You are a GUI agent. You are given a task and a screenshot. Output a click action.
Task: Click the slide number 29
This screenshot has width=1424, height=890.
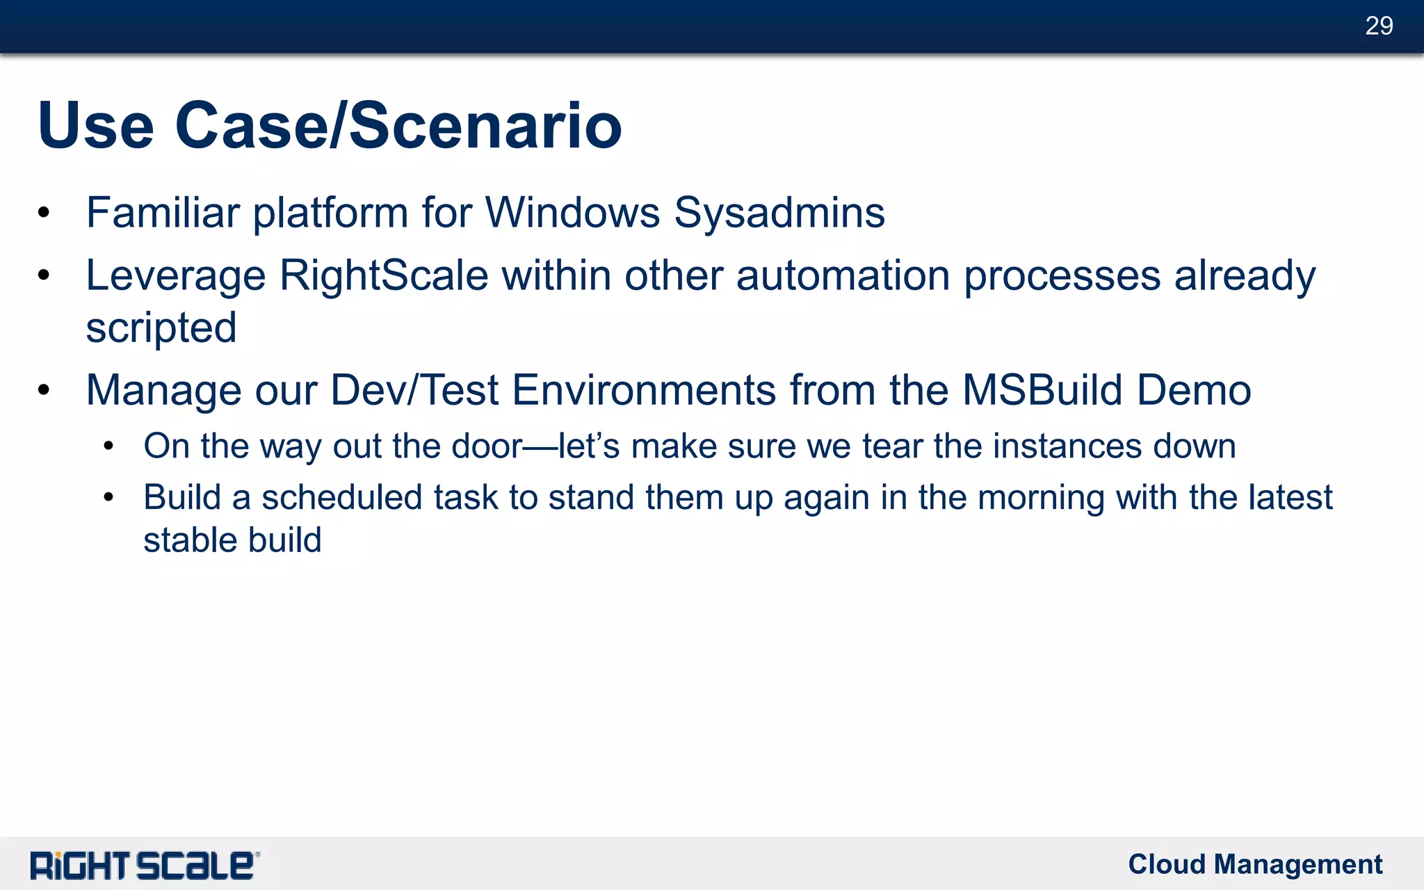pyautogui.click(x=1378, y=26)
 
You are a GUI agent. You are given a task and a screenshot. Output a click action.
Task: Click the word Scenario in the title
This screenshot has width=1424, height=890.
pyautogui.click(x=485, y=126)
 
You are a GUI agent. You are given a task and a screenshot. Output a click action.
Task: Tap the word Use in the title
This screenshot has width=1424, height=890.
pyautogui.click(x=96, y=126)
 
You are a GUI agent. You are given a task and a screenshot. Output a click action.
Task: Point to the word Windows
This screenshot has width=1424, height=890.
pyautogui.click(x=572, y=212)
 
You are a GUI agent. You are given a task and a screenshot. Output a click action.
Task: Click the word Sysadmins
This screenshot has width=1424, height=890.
pyautogui.click(x=779, y=212)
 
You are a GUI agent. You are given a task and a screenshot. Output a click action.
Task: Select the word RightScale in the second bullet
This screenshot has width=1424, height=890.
pyautogui.click(x=384, y=275)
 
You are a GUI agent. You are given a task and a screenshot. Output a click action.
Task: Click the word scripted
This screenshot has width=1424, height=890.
pyautogui.click(x=161, y=327)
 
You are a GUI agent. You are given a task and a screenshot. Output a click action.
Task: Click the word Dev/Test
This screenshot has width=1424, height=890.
pyautogui.click(x=414, y=390)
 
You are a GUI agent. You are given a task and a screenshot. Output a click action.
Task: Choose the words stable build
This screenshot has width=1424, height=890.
pyautogui.click(x=232, y=540)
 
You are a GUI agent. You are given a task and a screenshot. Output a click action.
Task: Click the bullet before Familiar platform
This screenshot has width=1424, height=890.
pyautogui.click(x=44, y=213)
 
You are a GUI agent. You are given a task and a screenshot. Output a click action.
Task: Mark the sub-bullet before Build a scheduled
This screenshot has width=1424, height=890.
pyautogui.click(x=108, y=497)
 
